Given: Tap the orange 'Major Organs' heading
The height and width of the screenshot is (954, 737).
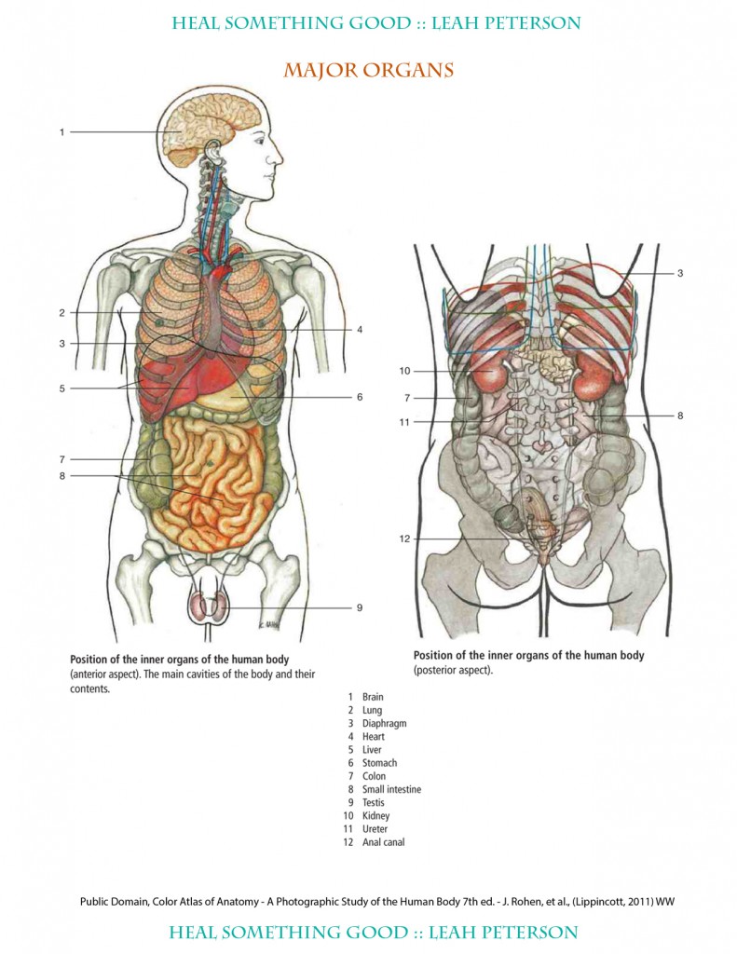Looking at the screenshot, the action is pos(368,70).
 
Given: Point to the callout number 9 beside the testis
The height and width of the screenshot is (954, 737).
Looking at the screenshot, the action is pos(359,608).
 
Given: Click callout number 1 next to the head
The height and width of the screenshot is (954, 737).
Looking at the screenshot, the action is pos(62,132).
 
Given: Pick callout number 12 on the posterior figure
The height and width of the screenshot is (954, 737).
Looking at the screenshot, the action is pos(404,538).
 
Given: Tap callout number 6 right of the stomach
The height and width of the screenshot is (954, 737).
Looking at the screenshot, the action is pos(359,397).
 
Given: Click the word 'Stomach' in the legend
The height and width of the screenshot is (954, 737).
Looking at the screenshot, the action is pos(379,763).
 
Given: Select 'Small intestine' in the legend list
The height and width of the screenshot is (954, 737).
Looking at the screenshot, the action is pos(391,789).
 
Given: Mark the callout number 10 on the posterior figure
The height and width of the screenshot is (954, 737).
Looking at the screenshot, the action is pos(404,371).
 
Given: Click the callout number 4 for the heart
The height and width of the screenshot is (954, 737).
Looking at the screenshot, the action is pos(359,329).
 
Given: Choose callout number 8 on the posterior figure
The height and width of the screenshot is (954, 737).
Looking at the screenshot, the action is pos(680,416).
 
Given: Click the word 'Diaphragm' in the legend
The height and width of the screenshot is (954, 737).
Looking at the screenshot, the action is pos(384,723).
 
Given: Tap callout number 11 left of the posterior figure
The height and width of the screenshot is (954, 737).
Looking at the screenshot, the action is pos(404,422).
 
